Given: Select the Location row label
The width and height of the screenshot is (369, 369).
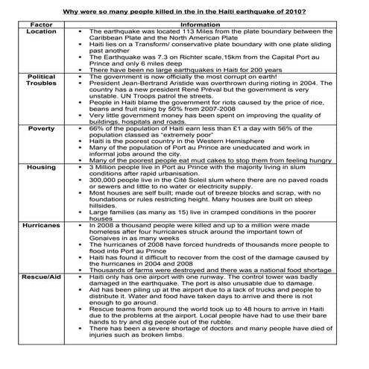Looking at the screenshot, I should tap(41, 32).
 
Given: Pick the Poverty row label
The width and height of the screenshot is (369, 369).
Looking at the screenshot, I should tap(41, 128).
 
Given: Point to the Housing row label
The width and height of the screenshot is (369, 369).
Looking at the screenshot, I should tap(41, 168).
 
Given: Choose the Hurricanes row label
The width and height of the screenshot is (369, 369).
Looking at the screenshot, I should tap(41, 224).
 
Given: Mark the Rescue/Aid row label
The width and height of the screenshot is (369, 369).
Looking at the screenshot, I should tap(41, 276).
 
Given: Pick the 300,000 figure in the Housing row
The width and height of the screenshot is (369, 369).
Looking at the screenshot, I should tap(104, 180).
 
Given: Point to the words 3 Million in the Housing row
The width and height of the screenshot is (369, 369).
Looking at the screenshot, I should tap(104, 168).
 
